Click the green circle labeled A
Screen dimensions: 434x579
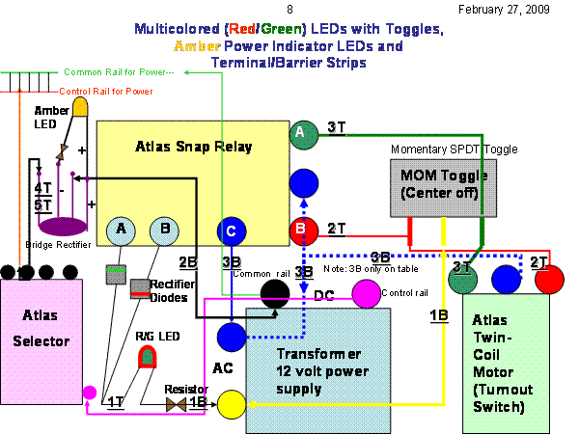point(303,132)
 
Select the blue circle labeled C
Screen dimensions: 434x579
point(232,231)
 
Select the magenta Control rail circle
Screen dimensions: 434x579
point(366,293)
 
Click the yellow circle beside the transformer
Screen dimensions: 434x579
point(232,404)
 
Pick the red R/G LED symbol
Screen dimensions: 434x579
point(148,357)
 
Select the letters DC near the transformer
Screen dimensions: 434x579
point(325,296)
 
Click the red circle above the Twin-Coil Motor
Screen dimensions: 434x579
point(550,280)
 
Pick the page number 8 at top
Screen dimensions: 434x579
point(290,9)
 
